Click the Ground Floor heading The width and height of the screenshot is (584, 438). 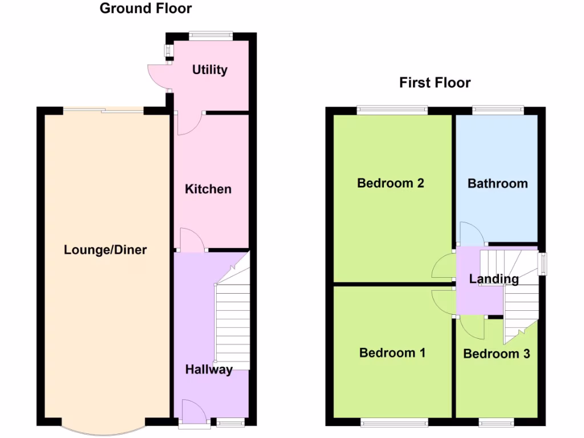(x=145, y=9)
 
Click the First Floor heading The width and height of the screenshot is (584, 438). (x=435, y=83)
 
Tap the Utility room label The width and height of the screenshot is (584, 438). (x=209, y=70)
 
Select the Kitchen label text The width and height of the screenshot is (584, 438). (x=208, y=189)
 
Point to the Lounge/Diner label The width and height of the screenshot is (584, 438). (x=106, y=250)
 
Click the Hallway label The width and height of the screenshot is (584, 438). (x=209, y=370)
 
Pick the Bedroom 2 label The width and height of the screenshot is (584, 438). (x=390, y=183)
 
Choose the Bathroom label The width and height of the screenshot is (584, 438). (x=497, y=184)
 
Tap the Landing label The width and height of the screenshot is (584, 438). (x=494, y=279)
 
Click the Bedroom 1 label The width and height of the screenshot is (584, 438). (x=392, y=352)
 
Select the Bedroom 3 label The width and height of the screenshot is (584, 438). (x=496, y=354)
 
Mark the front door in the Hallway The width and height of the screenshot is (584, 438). (x=193, y=411)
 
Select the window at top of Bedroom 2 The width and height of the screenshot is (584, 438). (x=392, y=110)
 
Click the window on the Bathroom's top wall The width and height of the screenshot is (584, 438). (x=498, y=110)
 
